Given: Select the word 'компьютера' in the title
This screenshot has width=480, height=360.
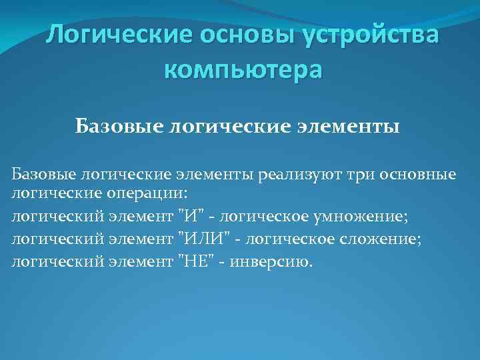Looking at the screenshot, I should [x=242, y=69].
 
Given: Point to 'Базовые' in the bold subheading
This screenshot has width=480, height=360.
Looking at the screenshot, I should [x=115, y=125].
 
